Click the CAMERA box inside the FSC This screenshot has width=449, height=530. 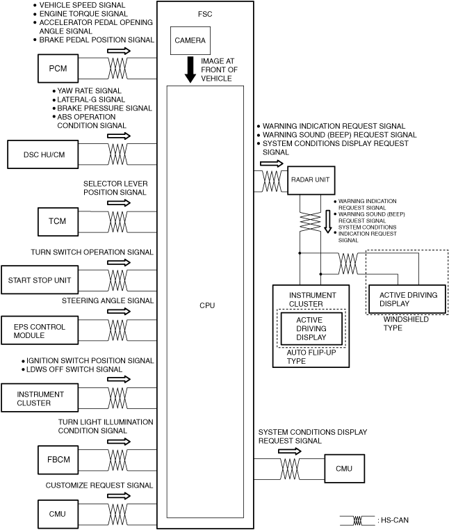[x=190, y=41]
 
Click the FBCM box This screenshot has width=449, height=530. [x=58, y=460]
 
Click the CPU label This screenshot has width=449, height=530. [x=206, y=306]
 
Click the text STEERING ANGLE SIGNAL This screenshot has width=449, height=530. [x=108, y=300]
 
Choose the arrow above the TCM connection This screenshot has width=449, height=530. [x=119, y=202]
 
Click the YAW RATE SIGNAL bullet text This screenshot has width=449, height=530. [x=90, y=90]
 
